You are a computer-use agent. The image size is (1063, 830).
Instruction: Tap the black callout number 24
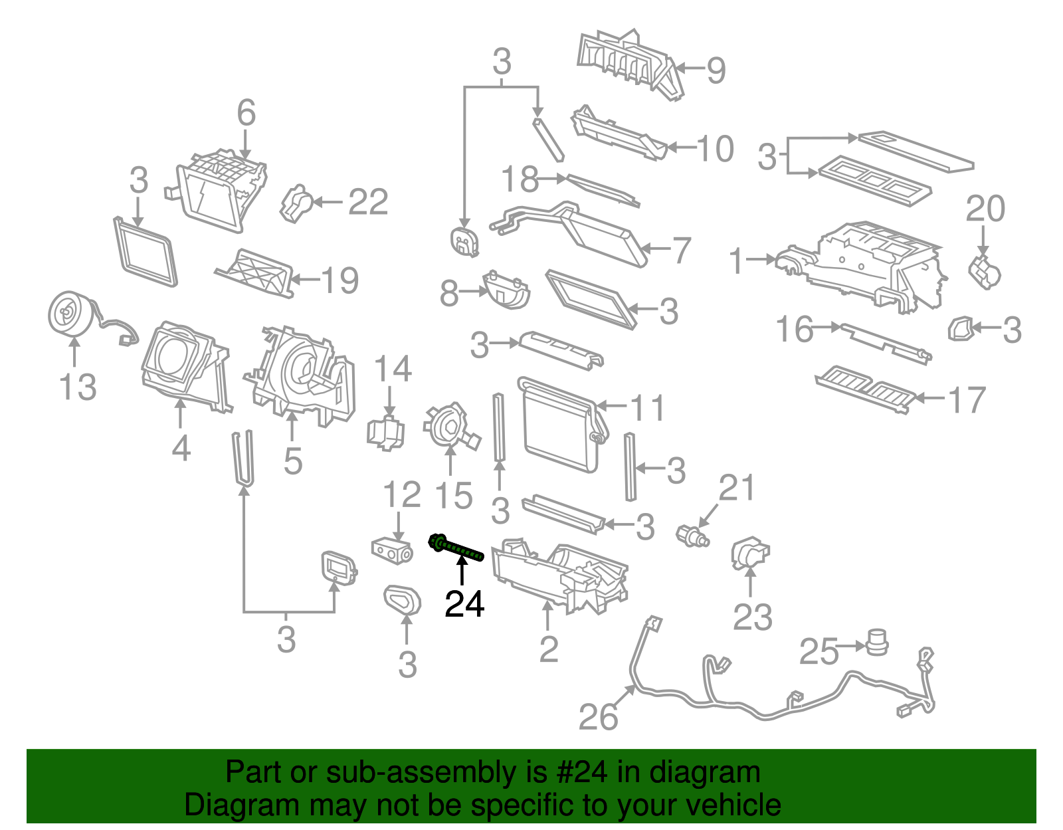(x=464, y=604)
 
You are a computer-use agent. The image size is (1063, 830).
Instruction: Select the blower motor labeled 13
(x=70, y=313)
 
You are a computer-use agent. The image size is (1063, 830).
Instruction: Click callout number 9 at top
(x=716, y=70)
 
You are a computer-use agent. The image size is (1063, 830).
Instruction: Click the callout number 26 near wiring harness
(x=598, y=717)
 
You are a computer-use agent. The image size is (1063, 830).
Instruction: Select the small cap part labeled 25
(x=877, y=642)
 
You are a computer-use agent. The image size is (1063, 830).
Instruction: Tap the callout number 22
(x=368, y=202)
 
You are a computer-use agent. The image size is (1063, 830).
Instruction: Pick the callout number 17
(x=967, y=400)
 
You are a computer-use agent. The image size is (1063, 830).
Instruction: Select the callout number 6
(x=246, y=112)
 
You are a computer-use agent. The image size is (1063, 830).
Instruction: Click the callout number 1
(x=735, y=260)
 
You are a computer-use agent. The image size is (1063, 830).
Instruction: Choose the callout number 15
(x=454, y=496)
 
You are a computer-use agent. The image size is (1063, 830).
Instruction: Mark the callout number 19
(x=340, y=280)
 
